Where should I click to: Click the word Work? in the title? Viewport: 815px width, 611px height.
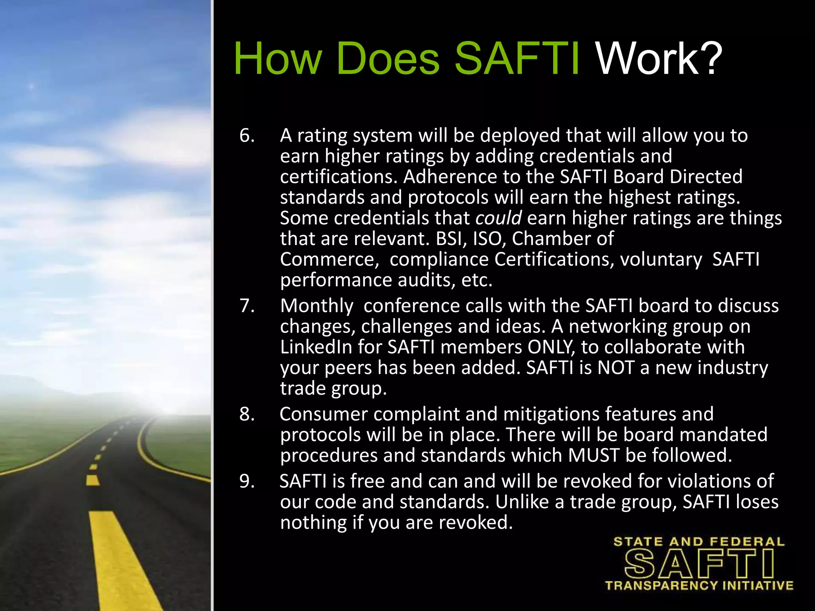659,59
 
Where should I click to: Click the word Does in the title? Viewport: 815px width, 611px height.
388,59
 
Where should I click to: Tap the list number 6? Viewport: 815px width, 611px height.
247,136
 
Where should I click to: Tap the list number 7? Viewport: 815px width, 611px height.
247,306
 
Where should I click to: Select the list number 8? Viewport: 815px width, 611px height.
247,414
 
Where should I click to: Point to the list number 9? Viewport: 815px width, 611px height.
247,481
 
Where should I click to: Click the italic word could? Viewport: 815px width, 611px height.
498,218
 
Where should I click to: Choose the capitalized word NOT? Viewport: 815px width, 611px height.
616,368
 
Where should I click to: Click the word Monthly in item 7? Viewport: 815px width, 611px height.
317,306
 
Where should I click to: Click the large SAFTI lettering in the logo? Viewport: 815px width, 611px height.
699,564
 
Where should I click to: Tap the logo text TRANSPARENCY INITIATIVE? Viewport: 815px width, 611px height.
699,586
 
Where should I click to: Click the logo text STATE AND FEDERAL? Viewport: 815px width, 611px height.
699,542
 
